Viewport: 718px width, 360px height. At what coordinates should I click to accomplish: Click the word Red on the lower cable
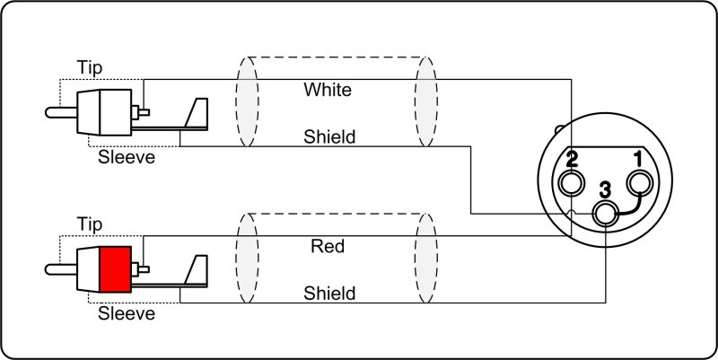[x=328, y=246]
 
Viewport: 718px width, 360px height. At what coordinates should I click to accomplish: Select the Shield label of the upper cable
[x=329, y=137]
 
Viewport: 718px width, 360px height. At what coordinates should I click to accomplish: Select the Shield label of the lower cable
[x=329, y=293]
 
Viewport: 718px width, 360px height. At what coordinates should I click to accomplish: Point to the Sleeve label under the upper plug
[x=126, y=159]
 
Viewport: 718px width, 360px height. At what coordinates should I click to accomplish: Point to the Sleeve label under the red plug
[x=126, y=314]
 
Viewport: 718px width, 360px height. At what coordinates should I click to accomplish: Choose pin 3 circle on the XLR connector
[x=606, y=214]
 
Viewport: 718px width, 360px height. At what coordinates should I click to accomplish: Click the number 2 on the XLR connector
[x=571, y=161]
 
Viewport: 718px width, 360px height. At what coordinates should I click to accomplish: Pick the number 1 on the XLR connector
[x=639, y=160]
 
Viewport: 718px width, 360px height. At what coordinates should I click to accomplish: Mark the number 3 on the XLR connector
[x=605, y=189]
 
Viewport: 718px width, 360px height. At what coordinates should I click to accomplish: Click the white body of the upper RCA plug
[x=101, y=113]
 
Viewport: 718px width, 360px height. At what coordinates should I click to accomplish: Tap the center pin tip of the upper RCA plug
[x=48, y=113]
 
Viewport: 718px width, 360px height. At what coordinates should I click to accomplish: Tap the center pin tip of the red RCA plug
[x=48, y=268]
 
